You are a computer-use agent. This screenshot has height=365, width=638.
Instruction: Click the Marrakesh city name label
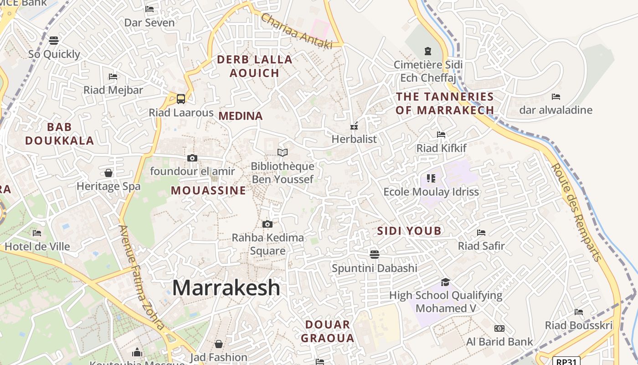[x=226, y=288]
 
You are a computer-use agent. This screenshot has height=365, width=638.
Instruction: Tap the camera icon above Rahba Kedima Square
[x=268, y=224]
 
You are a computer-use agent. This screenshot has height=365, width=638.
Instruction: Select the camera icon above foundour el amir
[x=192, y=158]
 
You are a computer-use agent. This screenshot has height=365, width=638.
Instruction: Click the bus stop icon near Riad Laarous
[x=181, y=99]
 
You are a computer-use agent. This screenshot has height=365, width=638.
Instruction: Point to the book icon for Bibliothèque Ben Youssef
[x=283, y=152]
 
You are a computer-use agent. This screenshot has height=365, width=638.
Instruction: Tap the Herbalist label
[x=354, y=139]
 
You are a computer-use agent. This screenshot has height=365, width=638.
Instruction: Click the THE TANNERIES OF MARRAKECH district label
[x=444, y=103]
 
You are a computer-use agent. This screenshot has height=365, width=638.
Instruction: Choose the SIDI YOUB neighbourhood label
[x=409, y=231]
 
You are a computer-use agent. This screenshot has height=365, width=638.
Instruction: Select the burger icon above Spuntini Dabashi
[x=375, y=254]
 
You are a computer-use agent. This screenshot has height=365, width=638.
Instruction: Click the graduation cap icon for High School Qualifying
[x=445, y=282]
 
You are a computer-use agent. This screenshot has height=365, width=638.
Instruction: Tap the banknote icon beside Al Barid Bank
[x=499, y=328]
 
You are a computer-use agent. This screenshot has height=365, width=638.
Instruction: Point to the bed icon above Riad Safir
[x=481, y=233]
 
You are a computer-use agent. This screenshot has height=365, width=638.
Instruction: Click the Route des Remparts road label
[x=577, y=213]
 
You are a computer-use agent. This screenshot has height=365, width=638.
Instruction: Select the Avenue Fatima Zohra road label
[x=142, y=277]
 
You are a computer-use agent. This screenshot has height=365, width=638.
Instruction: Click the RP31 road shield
[x=566, y=361]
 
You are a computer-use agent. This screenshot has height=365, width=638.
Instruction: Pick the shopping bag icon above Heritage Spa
[x=108, y=173]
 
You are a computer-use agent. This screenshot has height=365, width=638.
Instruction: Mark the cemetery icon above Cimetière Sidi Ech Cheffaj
[x=427, y=51]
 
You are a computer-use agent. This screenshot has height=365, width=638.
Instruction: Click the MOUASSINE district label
[x=208, y=191]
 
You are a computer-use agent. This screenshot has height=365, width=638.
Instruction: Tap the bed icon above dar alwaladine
[x=556, y=97]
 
